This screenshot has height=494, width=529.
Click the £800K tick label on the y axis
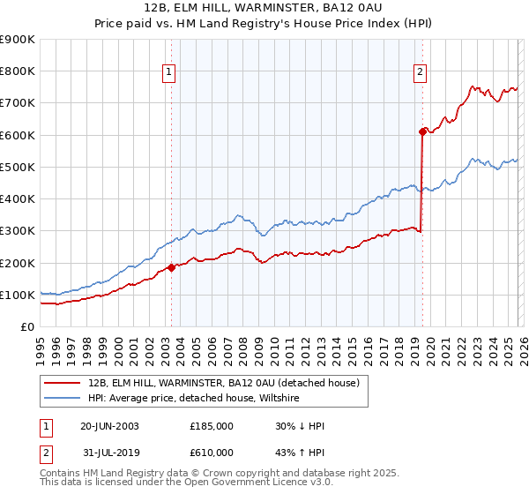[18, 71]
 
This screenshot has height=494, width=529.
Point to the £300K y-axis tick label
[18, 231]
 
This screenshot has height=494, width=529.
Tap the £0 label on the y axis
[26, 327]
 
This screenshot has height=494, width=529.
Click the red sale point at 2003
[171, 267]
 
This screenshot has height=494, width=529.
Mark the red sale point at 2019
[422, 131]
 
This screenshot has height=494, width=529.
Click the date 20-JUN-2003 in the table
[109, 426]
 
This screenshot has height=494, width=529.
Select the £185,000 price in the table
[212, 426]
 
